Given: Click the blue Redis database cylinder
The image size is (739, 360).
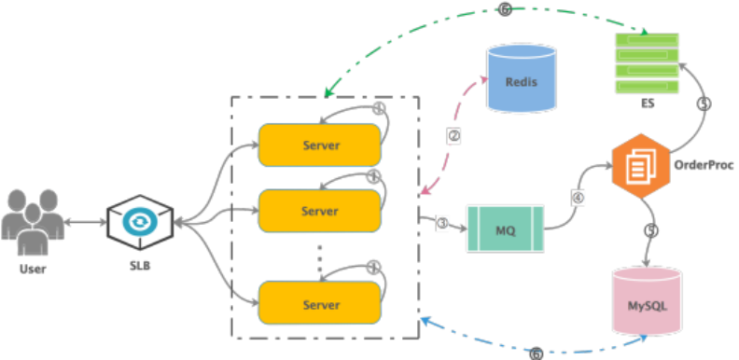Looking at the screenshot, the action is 521,78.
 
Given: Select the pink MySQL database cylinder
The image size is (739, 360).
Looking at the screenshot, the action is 647,301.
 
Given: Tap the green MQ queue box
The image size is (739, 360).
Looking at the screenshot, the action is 505,228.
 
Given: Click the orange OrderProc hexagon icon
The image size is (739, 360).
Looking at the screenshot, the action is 640,166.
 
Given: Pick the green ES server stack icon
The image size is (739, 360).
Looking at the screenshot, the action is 648,63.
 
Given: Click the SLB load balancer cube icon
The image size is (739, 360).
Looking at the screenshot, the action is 140,222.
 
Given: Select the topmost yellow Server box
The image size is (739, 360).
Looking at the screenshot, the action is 319,145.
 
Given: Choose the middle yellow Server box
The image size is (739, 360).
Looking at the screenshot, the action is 319,211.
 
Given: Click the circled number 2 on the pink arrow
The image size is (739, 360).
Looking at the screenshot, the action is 453,136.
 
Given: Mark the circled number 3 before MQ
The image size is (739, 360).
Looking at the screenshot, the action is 442,223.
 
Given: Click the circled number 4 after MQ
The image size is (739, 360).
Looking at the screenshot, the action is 578,198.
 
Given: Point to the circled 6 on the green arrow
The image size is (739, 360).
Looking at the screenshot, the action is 505,9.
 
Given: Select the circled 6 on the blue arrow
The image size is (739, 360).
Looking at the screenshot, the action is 537,353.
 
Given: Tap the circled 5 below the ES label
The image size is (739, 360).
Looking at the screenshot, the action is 704,104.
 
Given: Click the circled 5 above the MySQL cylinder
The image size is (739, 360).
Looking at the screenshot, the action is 651,230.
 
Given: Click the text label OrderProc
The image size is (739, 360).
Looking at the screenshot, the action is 704,165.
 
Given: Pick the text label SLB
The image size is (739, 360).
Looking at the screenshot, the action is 140,265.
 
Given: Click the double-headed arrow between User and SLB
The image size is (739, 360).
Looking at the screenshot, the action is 85,222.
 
